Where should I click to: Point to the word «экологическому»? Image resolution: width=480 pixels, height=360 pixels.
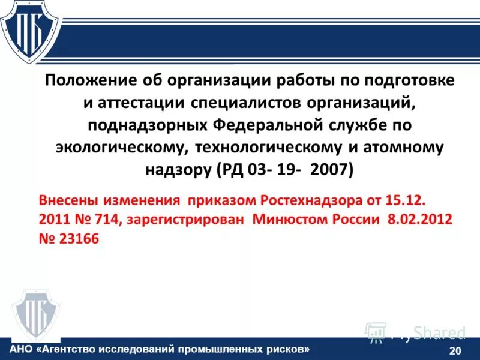119,148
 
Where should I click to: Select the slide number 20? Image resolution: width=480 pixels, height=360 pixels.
455,350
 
